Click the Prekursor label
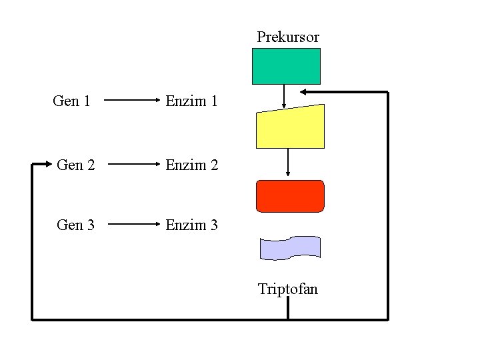pyautogui.click(x=288, y=37)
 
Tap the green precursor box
pyautogui.click(x=286, y=66)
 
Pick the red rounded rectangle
pyautogui.click(x=290, y=196)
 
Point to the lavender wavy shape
pyautogui.click(x=290, y=247)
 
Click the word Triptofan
pyautogui.click(x=288, y=289)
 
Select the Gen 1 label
pyautogui.click(x=71, y=101)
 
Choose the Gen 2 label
pyautogui.click(x=76, y=165)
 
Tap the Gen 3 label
pyautogui.click(x=76, y=225)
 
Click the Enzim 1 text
pyautogui.click(x=191, y=101)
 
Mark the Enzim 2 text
pyautogui.click(x=191, y=165)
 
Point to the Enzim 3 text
pyautogui.click(x=191, y=225)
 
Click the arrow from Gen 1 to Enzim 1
pyautogui.click(x=131, y=102)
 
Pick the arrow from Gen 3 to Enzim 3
pyautogui.click(x=133, y=225)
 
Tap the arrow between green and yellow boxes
pyautogui.click(x=285, y=96)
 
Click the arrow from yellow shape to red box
pyautogui.click(x=288, y=163)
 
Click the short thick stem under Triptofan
pyautogui.click(x=288, y=308)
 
